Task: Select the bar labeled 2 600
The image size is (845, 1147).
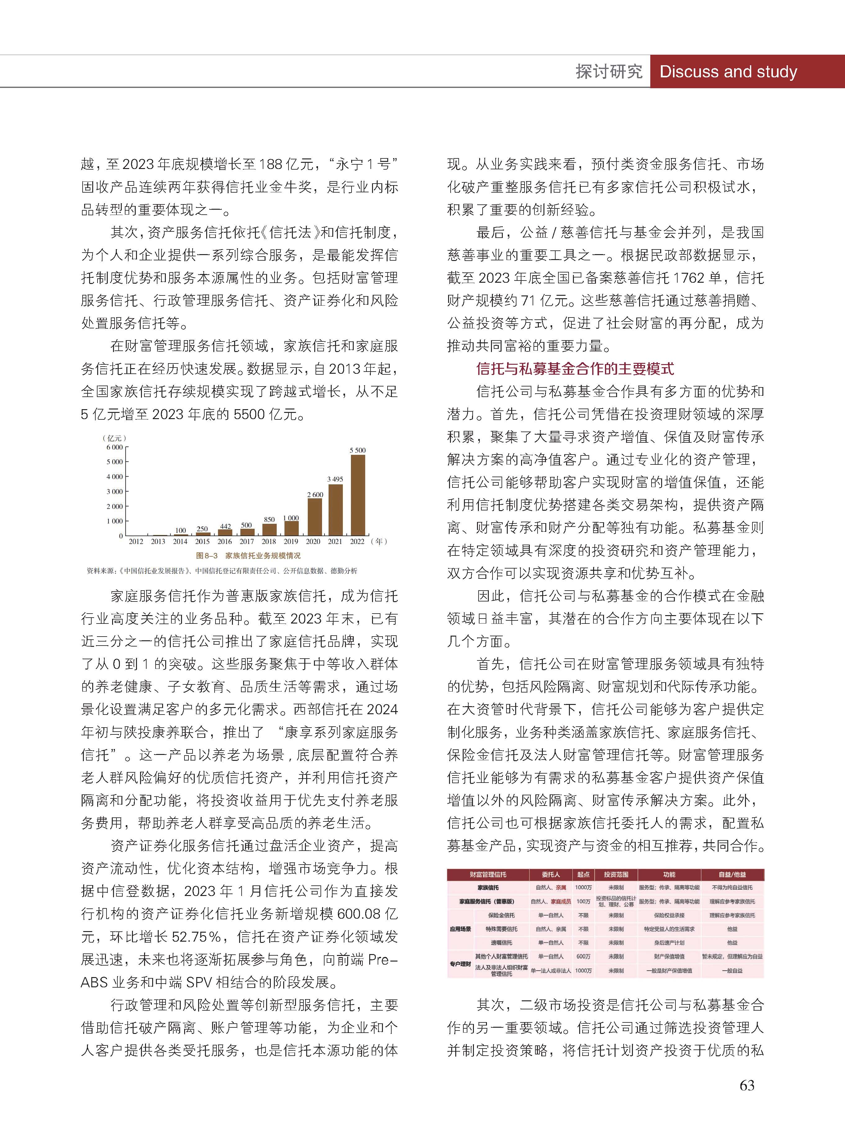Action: click(x=315, y=516)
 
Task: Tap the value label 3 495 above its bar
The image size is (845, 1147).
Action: click(x=335, y=479)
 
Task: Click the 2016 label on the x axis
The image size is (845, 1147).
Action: click(x=225, y=541)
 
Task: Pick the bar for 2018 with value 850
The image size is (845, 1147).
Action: click(x=269, y=529)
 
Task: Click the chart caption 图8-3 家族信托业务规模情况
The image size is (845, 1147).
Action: click(x=248, y=555)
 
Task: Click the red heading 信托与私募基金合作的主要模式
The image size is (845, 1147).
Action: click(x=575, y=369)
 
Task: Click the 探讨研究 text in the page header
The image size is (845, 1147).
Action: click(x=609, y=72)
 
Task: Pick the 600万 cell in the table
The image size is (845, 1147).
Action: click(x=583, y=956)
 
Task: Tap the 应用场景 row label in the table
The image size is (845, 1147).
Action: click(x=460, y=929)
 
